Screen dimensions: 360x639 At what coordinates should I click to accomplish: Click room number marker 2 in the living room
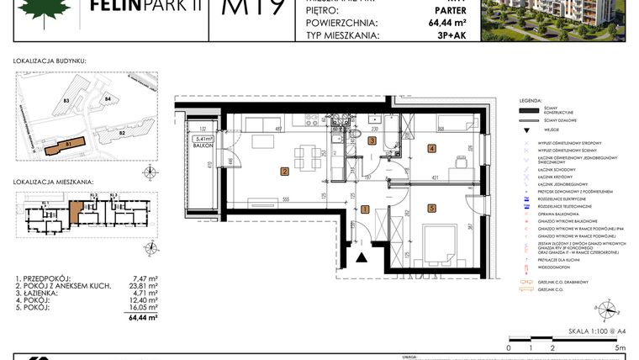pyautogui.click(x=284, y=172)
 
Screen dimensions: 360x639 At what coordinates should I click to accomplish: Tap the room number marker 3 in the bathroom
pyautogui.click(x=372, y=141)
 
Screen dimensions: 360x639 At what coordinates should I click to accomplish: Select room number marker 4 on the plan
pyautogui.click(x=432, y=149)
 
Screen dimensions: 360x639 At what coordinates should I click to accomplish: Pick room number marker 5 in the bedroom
pyautogui.click(x=432, y=208)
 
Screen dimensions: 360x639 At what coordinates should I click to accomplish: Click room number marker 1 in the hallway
pyautogui.click(x=365, y=209)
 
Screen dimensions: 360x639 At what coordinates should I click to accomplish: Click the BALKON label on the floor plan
pyautogui.click(x=201, y=146)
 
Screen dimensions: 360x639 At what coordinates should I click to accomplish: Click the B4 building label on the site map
pyautogui.click(x=108, y=100)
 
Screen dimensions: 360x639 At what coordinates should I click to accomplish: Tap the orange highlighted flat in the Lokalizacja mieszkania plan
pyautogui.click(x=77, y=210)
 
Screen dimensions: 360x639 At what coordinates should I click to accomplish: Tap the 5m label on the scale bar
pyautogui.click(x=620, y=347)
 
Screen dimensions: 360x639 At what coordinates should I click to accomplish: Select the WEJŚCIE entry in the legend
pyautogui.click(x=552, y=130)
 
